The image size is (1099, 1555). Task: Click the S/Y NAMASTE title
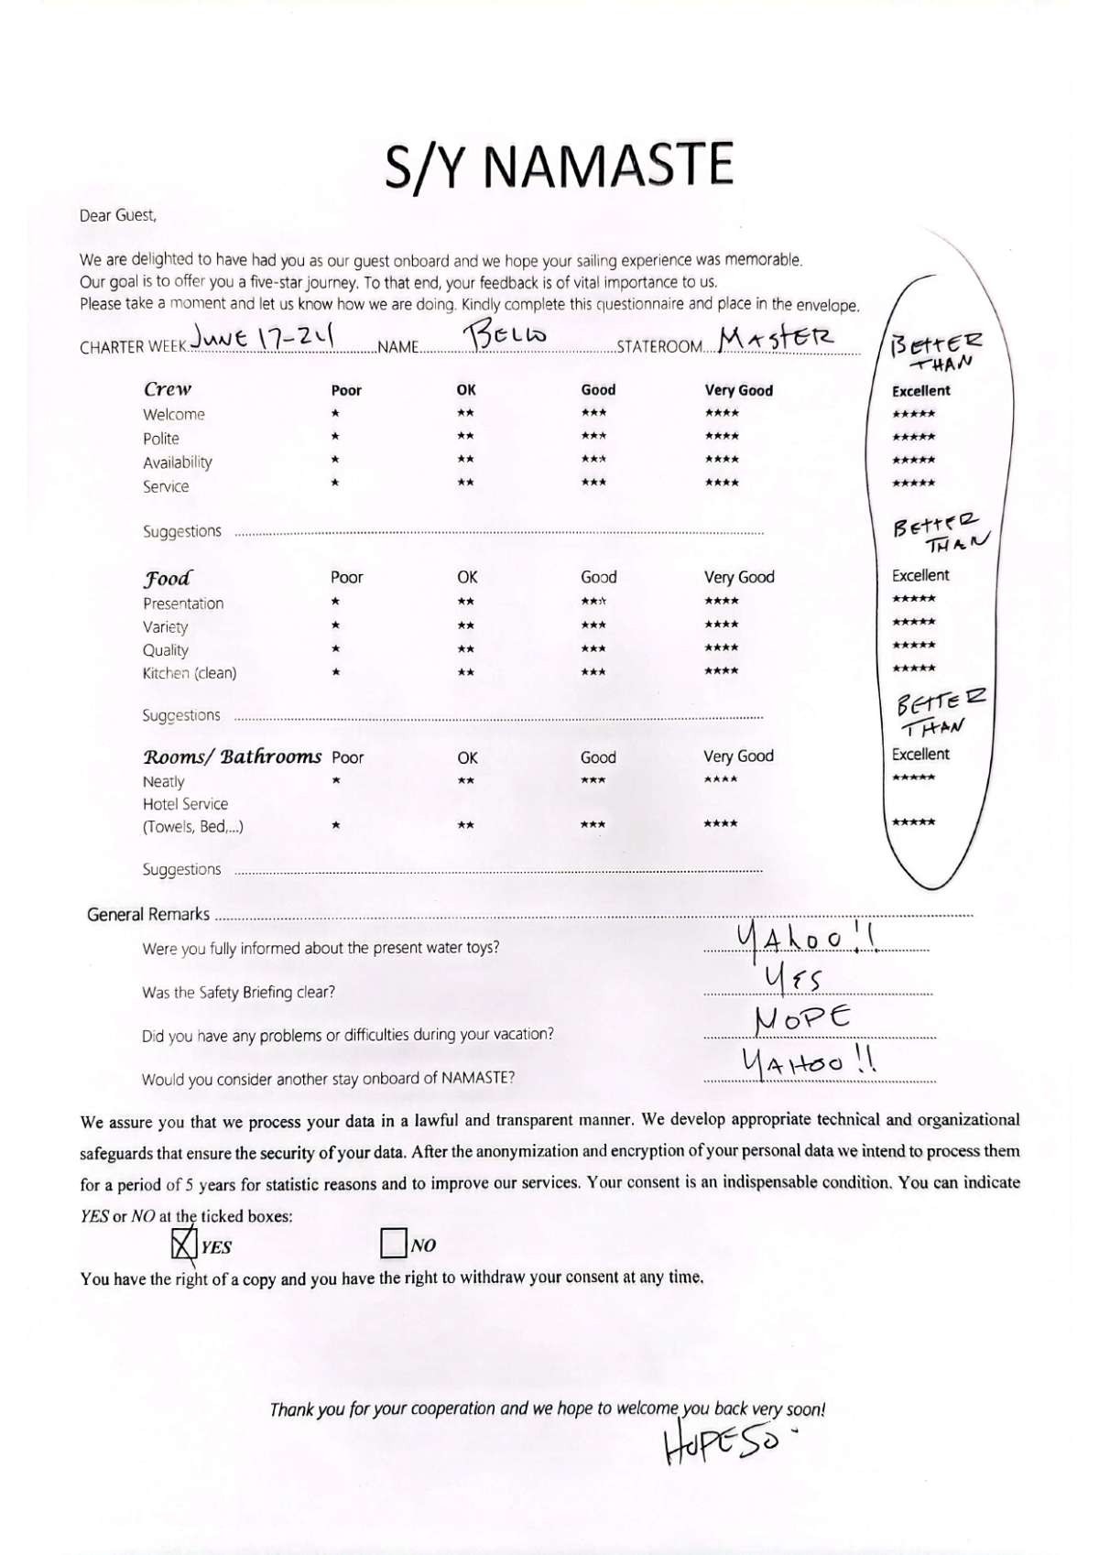point(559,166)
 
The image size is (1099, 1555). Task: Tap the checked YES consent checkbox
point(184,1244)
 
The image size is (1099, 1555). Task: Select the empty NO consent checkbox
point(393,1244)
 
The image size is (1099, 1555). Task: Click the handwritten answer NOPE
point(802,1018)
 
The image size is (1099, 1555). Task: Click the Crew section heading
point(168,388)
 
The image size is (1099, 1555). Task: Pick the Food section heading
point(168,578)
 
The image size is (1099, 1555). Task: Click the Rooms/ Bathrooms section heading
point(233,756)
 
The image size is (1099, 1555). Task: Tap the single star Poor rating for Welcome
point(335,414)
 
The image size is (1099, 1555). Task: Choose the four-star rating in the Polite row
point(722,437)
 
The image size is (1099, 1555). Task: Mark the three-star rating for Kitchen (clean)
point(593,672)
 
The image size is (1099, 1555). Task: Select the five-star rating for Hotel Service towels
point(913,822)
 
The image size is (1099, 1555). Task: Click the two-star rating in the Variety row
point(466,625)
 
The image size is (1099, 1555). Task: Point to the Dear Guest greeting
point(118,216)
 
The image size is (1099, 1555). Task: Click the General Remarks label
point(148,914)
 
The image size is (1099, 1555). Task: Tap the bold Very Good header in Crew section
point(738,390)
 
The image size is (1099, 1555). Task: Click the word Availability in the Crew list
point(178,462)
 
